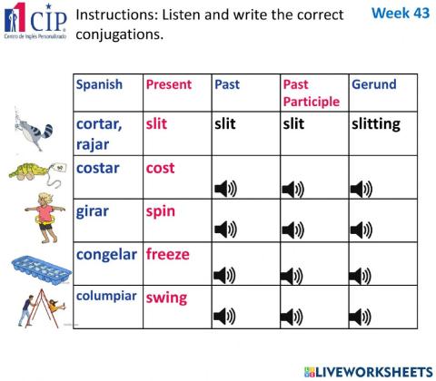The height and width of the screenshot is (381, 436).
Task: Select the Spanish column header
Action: coord(99,84)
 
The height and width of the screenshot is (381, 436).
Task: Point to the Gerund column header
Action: coord(373,84)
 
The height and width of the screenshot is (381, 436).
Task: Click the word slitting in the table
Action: coord(375,124)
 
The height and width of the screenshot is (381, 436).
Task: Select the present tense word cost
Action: coord(160,168)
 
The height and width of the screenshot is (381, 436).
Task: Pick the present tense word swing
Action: coord(166,297)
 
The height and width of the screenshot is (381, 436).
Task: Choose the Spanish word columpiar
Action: coord(106,296)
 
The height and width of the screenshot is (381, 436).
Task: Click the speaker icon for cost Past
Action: coord(224,189)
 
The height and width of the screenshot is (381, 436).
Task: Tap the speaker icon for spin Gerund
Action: coord(362,231)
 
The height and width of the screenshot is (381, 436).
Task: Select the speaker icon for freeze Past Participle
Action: coord(292,274)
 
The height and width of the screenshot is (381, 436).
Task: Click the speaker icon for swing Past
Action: coord(224,317)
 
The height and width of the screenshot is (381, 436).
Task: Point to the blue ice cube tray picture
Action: coord(35,267)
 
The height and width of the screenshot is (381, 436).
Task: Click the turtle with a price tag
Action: coord(35,170)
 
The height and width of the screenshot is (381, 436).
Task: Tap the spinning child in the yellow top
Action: coord(44,214)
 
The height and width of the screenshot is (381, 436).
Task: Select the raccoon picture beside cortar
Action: coord(34,125)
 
